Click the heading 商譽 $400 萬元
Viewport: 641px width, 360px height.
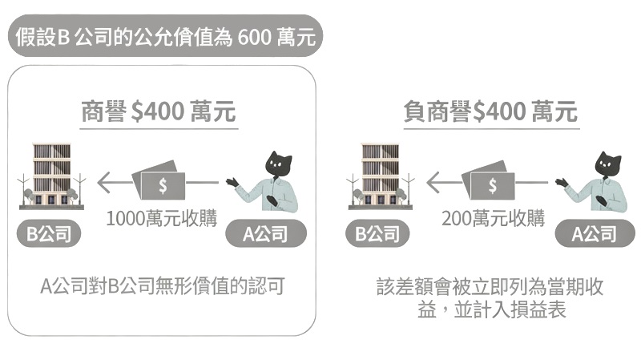click(x=159, y=111)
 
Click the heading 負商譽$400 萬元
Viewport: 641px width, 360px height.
click(x=490, y=111)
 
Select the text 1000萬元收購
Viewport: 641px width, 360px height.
click(x=162, y=218)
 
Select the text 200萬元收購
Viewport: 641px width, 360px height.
click(x=493, y=218)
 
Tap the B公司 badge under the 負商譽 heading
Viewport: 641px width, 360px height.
click(x=378, y=234)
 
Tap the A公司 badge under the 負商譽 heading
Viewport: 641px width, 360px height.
click(x=594, y=234)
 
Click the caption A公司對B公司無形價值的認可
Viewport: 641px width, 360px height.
click(x=163, y=286)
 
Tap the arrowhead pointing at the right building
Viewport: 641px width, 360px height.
click(x=433, y=183)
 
